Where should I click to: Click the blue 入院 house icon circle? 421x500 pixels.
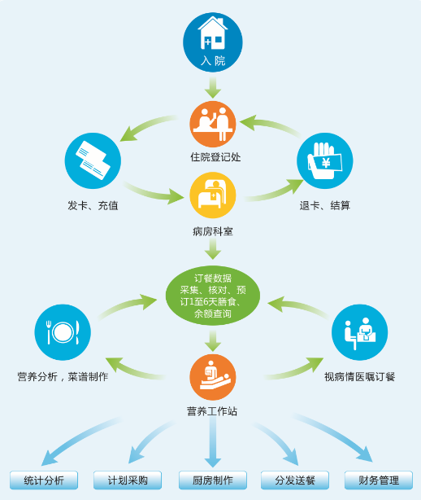coord(213,42)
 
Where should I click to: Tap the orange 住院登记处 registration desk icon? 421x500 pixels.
coord(213,125)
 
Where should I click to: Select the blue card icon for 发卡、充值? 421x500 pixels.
coord(93,160)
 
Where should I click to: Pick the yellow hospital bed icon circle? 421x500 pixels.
coord(213,195)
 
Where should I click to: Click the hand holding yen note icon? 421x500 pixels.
coord(324,160)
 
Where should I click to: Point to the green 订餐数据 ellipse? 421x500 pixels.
coord(213,296)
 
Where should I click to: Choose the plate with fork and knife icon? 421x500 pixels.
coord(63,332)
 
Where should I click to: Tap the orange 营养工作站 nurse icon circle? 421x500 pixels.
coord(213,377)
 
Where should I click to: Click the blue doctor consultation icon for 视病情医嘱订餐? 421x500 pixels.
coord(359,332)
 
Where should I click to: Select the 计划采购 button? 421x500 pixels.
coord(128,480)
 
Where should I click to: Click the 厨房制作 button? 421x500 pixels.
coord(213,480)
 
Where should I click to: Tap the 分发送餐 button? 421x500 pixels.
coord(295,480)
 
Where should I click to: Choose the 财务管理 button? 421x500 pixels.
coord(379,480)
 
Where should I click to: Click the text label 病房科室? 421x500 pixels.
coord(213,231)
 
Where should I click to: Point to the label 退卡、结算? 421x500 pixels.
coord(324,205)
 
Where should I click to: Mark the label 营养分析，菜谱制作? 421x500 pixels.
coord(63,377)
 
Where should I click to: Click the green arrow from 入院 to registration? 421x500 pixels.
coord(213,87)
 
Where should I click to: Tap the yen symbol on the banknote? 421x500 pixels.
coord(326,163)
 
